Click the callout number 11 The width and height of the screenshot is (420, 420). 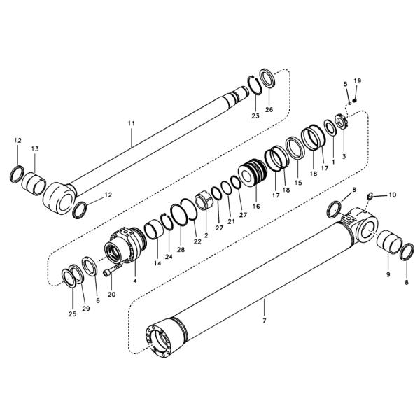tap(131, 123)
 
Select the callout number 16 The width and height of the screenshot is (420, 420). tap(256, 207)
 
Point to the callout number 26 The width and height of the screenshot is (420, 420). tap(269, 109)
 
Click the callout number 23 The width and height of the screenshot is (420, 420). tap(255, 115)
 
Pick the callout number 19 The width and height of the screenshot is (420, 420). tap(358, 81)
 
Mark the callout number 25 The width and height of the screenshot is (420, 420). tap(72, 314)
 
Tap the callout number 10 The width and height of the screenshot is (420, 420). tap(392, 195)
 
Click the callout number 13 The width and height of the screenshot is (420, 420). tap(35, 148)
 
